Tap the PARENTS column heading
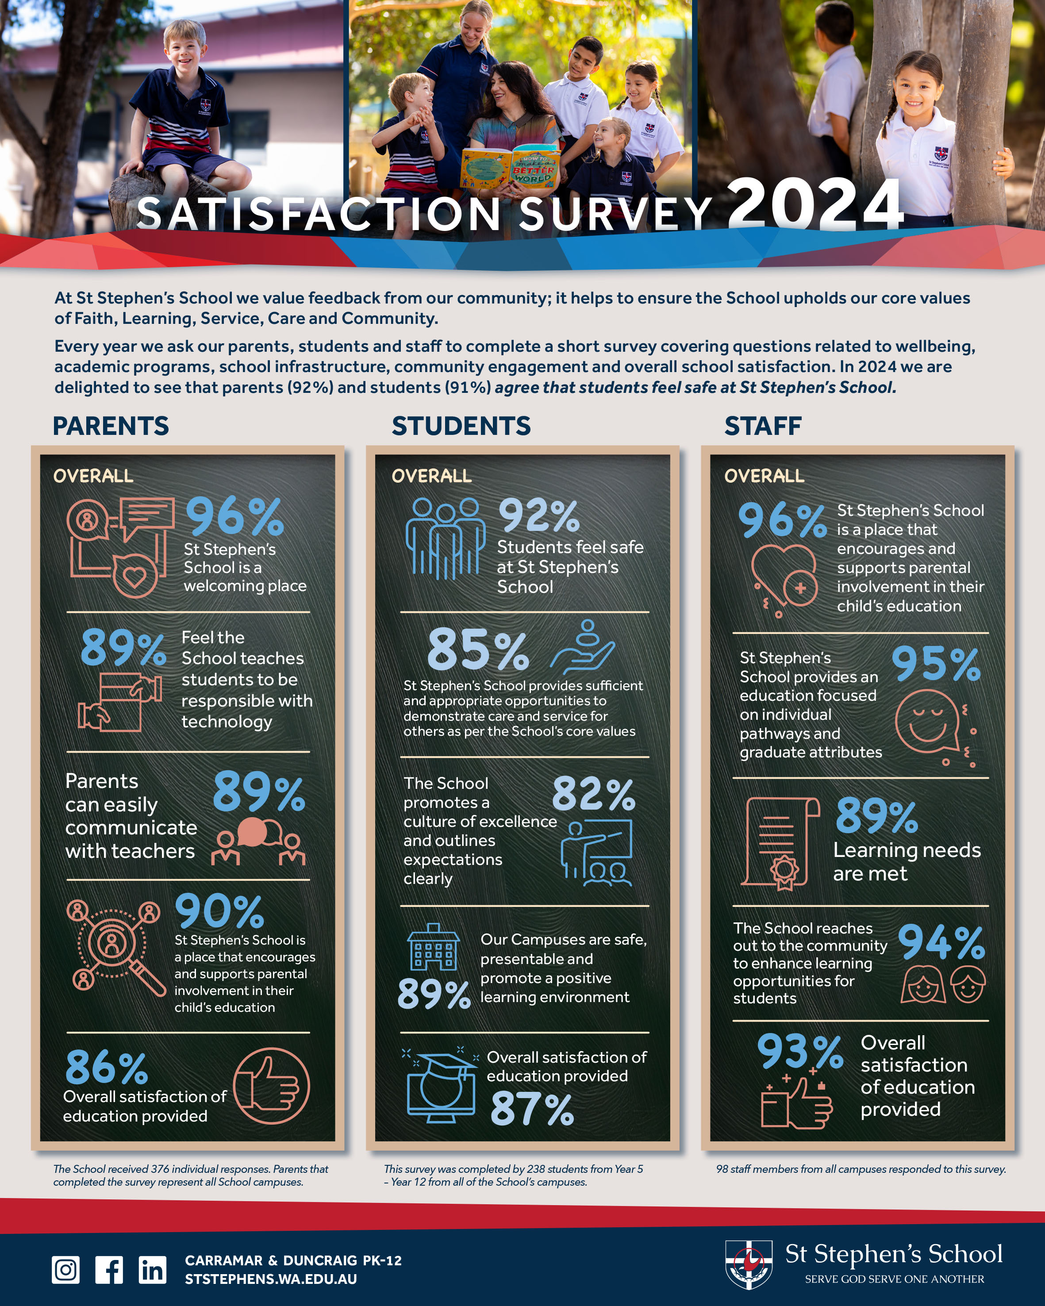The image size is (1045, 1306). coord(111,426)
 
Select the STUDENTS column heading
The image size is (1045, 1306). coord(461,426)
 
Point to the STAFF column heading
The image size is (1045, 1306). coord(763,426)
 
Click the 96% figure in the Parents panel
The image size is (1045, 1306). coord(234,517)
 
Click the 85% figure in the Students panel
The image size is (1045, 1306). coord(478,650)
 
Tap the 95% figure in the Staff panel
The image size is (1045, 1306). coord(935,664)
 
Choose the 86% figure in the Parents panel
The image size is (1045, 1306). coord(107,1068)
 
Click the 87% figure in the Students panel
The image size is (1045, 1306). coord(532,1109)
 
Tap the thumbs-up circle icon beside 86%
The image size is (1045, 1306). coord(271,1086)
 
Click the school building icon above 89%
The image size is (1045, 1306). coord(433,947)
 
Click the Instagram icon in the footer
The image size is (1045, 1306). coord(65,1270)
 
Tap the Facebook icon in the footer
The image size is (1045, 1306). coord(109,1270)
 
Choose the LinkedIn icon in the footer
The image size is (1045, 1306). coord(152,1270)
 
